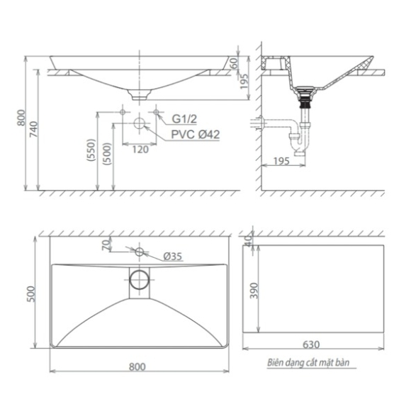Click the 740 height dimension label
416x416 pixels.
click(x=34, y=129)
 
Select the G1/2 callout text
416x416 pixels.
click(x=184, y=119)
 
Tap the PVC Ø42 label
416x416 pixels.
click(x=196, y=135)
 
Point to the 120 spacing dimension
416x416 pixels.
click(x=140, y=150)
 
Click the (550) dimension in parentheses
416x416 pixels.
click(x=91, y=150)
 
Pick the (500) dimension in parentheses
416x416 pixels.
click(x=108, y=154)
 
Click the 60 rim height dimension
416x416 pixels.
click(x=234, y=63)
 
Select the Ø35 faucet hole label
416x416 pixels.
click(x=173, y=257)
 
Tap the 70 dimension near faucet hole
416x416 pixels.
click(x=106, y=244)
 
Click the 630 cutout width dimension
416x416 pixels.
click(x=311, y=344)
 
